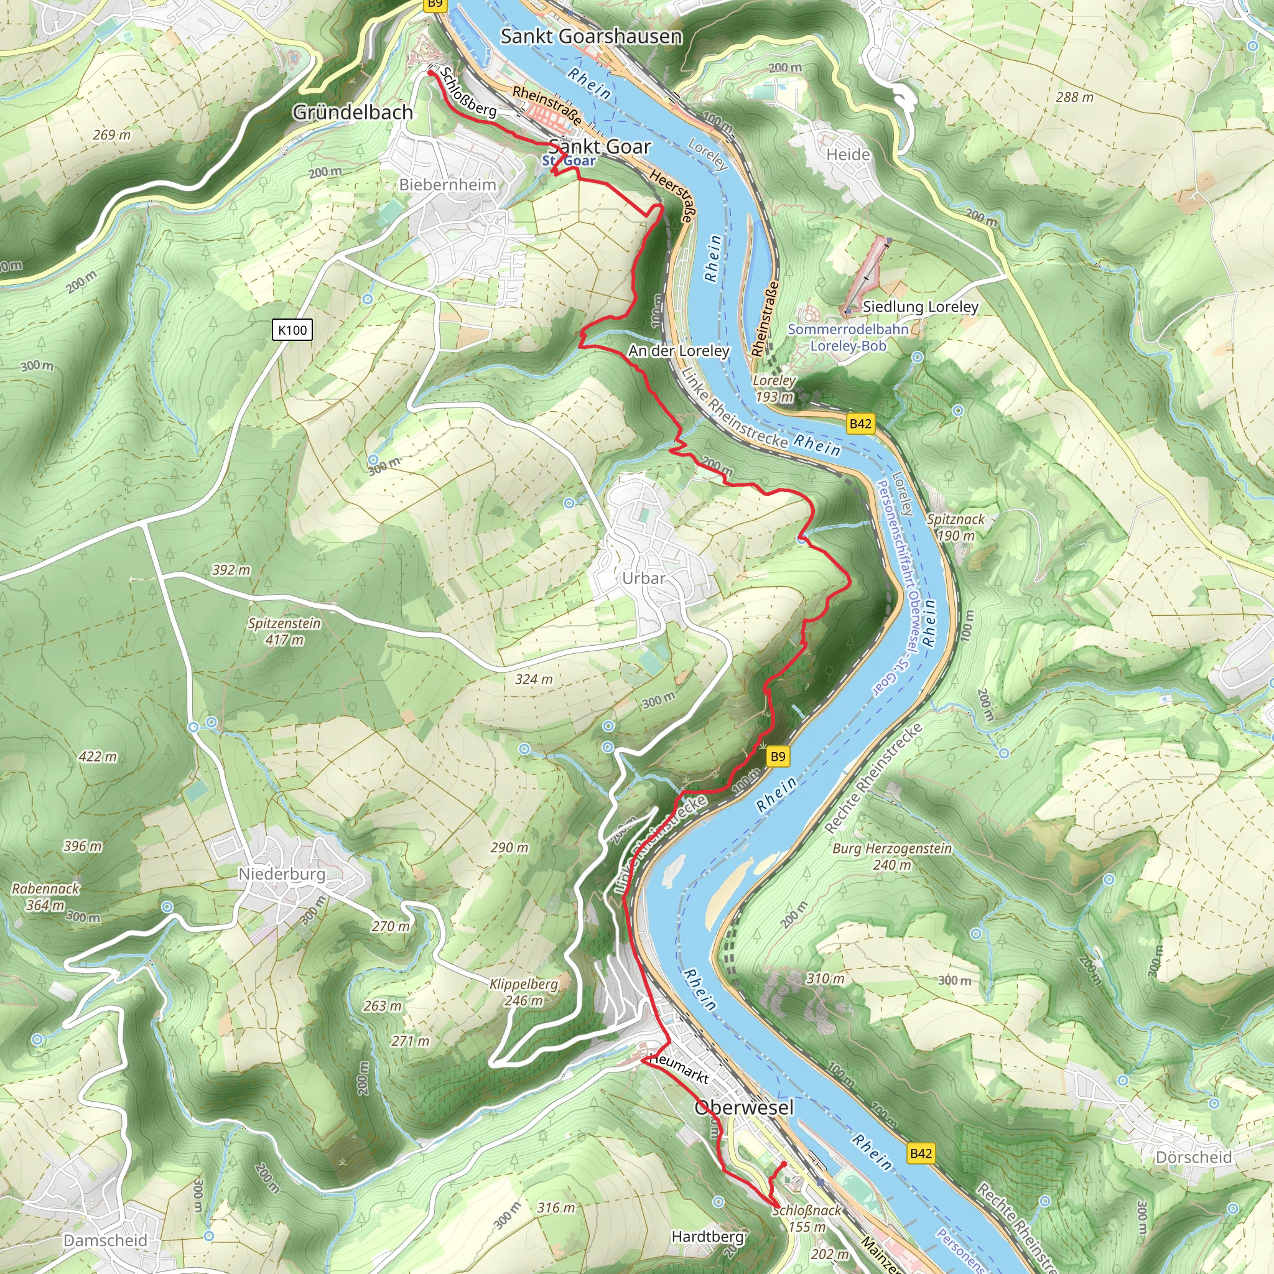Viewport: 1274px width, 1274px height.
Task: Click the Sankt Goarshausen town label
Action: tap(591, 36)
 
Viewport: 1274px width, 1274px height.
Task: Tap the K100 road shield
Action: tap(292, 330)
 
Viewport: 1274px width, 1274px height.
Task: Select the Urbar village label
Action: tap(644, 579)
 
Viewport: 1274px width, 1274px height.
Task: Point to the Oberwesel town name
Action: tap(744, 1107)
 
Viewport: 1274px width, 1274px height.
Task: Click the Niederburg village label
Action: tap(282, 874)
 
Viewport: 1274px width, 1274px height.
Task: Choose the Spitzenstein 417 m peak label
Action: tap(284, 631)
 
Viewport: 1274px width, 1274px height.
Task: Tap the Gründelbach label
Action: tap(352, 112)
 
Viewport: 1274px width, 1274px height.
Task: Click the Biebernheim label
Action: tap(447, 185)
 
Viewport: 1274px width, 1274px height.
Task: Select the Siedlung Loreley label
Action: tap(920, 307)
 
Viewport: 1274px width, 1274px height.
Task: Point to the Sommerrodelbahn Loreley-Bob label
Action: tap(848, 337)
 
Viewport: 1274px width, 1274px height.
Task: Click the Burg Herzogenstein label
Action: tap(891, 856)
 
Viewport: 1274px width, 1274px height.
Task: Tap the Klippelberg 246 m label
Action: tap(524, 992)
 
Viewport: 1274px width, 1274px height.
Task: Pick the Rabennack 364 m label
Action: tap(45, 897)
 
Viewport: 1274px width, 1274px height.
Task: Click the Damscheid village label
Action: tap(106, 1240)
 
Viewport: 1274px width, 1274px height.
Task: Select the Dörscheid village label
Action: tap(1194, 1157)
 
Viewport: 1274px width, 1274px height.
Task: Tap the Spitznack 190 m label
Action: tap(955, 527)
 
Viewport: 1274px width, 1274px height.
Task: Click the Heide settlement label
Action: tap(848, 154)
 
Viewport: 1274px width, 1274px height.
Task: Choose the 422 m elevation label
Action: tap(98, 756)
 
